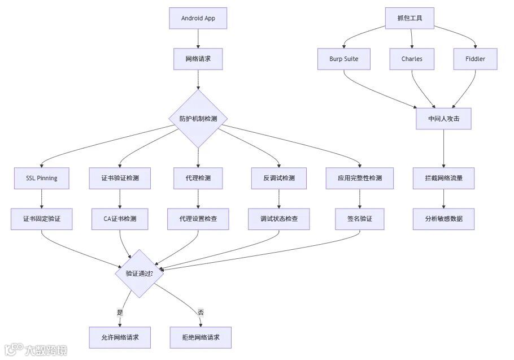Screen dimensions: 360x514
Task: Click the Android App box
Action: pyautogui.click(x=198, y=18)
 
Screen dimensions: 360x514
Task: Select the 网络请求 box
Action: pyautogui.click(x=198, y=59)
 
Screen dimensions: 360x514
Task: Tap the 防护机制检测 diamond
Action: pyautogui.click(x=198, y=119)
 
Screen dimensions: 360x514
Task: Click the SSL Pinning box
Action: pyautogui.click(x=42, y=178)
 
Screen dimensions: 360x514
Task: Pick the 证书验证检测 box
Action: pyautogui.click(x=120, y=178)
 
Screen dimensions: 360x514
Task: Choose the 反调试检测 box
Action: pyautogui.click(x=278, y=178)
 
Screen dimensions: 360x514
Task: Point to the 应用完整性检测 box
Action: pyautogui.click(x=359, y=178)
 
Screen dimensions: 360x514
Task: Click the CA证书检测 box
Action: pyautogui.click(x=120, y=219)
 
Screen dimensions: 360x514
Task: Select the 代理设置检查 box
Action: pyautogui.click(x=198, y=219)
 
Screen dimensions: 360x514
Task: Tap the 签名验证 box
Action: pyautogui.click(x=359, y=219)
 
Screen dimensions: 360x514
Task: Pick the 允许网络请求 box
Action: pyautogui.click(x=120, y=337)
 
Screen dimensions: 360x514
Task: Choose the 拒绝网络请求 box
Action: pyautogui.click(x=201, y=337)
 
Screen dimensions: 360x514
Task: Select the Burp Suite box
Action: pyautogui.click(x=344, y=59)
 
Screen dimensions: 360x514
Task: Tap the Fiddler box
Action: pyautogui.click(x=475, y=59)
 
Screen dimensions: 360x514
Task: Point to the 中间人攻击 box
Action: pyautogui.click(x=443, y=119)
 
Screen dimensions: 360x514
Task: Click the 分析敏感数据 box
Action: pyautogui.click(x=443, y=219)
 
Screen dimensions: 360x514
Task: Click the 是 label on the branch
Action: pyautogui.click(x=120, y=312)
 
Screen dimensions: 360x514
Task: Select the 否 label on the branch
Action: pyautogui.click(x=201, y=312)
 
